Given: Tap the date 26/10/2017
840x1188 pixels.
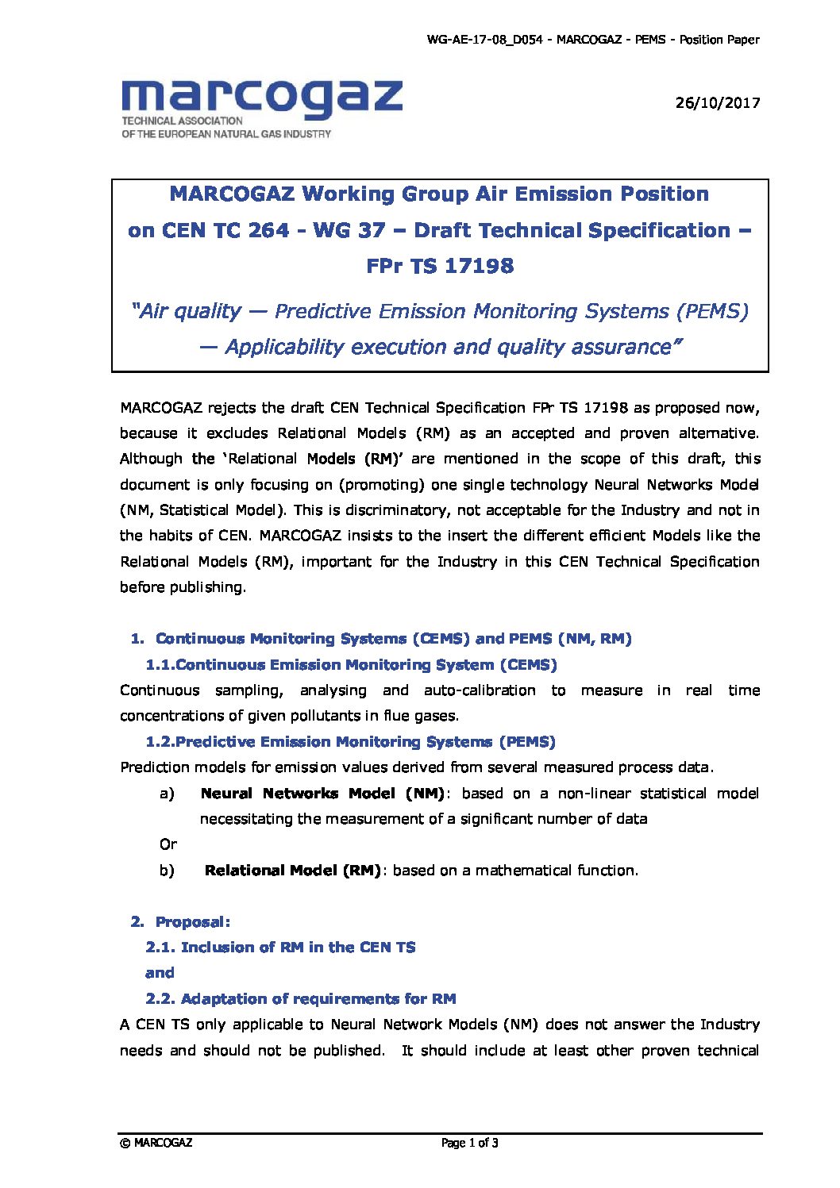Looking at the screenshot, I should [x=717, y=102].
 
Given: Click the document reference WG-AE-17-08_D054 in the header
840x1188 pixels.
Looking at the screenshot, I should [x=484, y=40].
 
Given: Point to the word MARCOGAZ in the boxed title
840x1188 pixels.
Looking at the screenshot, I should [x=231, y=194].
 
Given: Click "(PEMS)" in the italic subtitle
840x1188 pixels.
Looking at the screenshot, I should [x=712, y=311].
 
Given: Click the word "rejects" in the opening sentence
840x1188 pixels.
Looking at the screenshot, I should [x=232, y=408].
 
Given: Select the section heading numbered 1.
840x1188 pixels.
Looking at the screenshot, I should [x=381, y=639].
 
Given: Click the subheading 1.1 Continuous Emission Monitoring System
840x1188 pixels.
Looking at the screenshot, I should [x=351, y=665].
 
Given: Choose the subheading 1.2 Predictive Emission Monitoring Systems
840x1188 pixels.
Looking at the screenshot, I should [x=350, y=742].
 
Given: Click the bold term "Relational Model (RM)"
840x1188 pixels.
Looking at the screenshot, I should [x=292, y=871].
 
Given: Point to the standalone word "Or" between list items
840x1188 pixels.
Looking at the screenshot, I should [x=168, y=844].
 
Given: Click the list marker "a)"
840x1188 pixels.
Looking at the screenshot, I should [x=167, y=794].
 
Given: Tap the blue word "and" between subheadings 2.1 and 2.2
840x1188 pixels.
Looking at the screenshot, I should [x=160, y=973].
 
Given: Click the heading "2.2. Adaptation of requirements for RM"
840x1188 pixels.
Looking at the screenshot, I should [x=301, y=999].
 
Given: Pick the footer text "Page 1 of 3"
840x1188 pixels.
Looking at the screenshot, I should [x=469, y=1144].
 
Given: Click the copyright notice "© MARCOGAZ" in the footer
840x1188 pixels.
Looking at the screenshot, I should [x=156, y=1144].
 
